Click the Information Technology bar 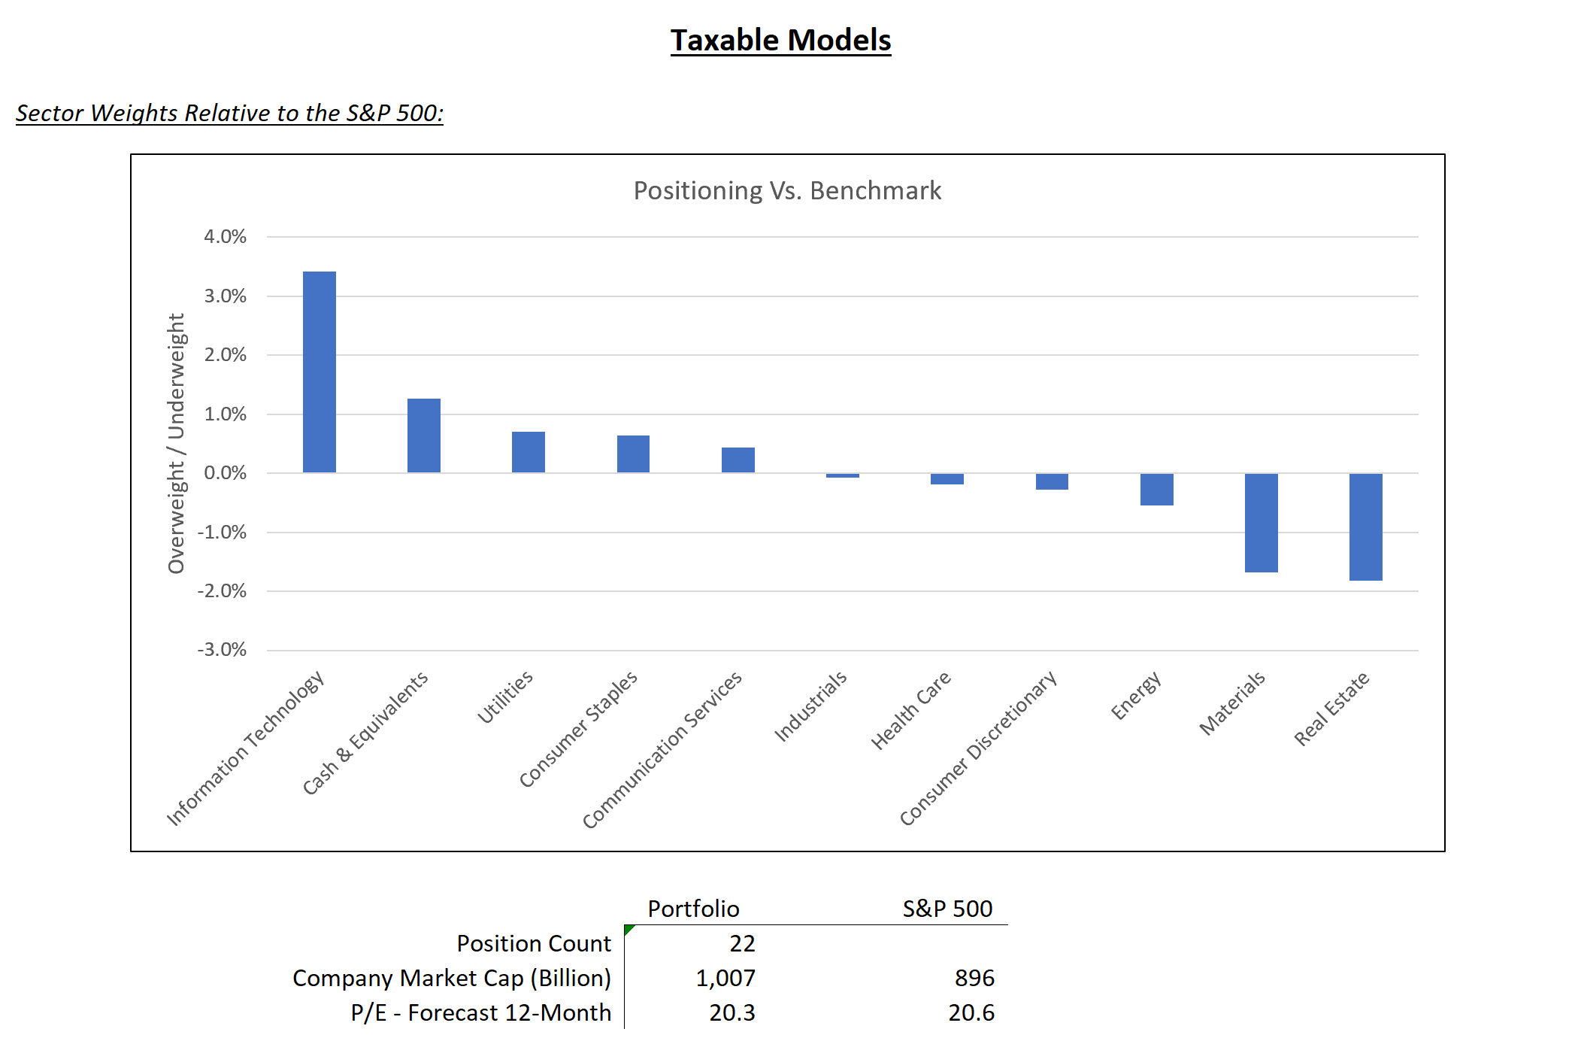point(319,372)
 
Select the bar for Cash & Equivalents point(423,436)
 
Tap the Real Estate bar point(1365,527)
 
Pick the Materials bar point(1261,523)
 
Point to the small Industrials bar point(842,475)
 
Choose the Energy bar point(1156,489)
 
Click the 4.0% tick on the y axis point(225,237)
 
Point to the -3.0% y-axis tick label point(222,650)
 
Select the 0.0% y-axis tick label point(225,473)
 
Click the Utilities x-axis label point(505,697)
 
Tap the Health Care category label point(910,710)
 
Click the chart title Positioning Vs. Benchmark point(786,191)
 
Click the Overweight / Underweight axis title point(176,444)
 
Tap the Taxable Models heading point(780,41)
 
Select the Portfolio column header point(693,909)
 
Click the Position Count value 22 point(741,943)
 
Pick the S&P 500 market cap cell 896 point(974,978)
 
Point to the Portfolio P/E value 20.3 point(731,1012)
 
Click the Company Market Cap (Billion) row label point(451,978)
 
